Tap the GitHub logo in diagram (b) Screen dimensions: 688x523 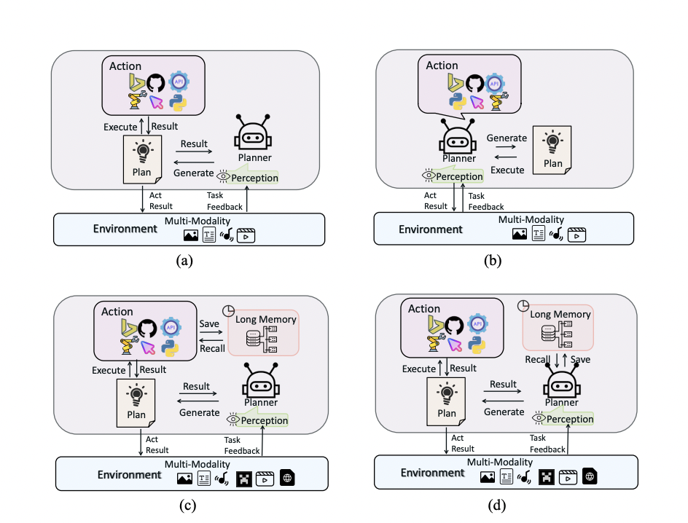click(474, 83)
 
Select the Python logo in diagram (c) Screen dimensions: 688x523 click(170, 347)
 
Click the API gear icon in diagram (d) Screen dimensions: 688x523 click(477, 324)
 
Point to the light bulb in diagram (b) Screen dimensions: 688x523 click(552, 141)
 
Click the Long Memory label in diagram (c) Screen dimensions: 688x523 click(265, 319)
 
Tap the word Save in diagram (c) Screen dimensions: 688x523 click(209, 323)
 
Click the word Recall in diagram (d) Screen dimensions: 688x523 click(537, 360)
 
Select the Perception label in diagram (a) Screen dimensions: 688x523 click(254, 178)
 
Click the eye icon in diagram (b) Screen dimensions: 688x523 click(429, 176)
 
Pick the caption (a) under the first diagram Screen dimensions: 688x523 click(184, 260)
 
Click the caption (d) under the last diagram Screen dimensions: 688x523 click(497, 505)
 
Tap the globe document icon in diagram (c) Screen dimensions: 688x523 click(287, 477)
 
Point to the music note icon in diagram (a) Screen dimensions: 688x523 click(227, 235)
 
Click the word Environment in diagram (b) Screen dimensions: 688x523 click(431, 229)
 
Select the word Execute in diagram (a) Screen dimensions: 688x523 click(120, 127)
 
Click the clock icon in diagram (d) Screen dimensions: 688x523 click(523, 305)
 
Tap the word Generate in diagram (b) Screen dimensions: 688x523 click(507, 138)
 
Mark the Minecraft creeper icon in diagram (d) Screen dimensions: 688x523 click(547, 477)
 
